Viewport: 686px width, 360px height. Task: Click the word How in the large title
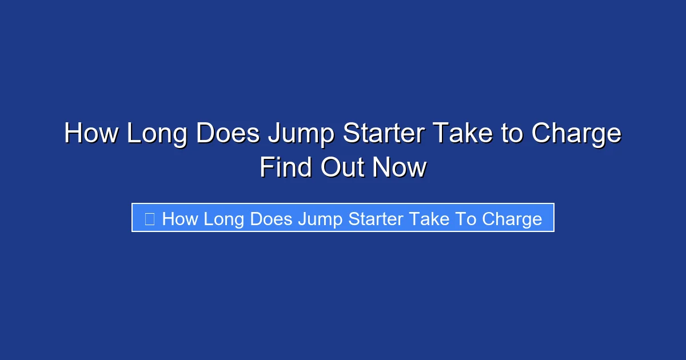point(91,134)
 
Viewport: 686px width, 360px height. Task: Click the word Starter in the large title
point(383,134)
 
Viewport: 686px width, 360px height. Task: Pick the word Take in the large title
point(461,134)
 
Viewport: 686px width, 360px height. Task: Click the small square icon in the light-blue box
point(150,218)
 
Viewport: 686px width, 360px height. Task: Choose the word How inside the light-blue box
point(180,218)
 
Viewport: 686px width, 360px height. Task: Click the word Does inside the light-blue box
point(272,218)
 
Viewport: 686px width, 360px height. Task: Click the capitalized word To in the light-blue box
point(465,218)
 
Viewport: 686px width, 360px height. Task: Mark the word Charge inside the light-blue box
point(512,219)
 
